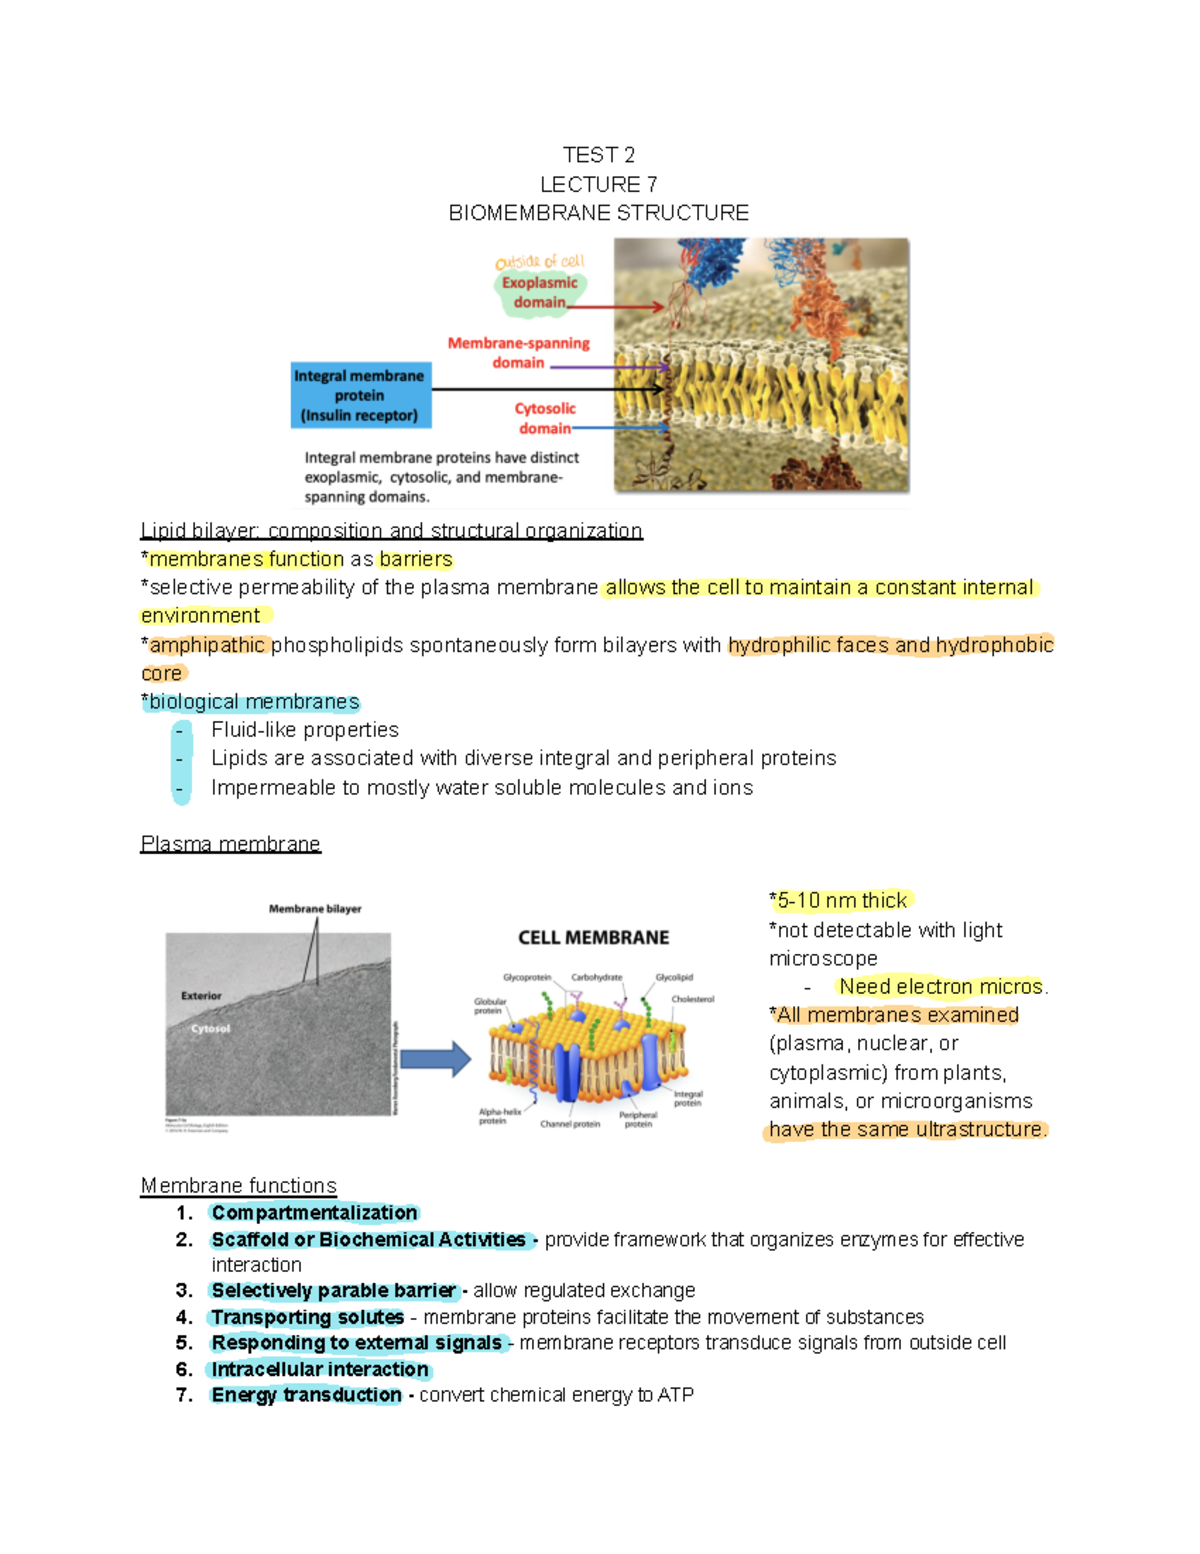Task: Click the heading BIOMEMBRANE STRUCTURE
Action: click(x=598, y=213)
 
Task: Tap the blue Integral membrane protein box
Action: click(x=360, y=395)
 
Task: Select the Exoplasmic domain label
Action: click(x=539, y=292)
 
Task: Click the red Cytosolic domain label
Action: click(x=545, y=418)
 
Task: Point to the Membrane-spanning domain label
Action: click(x=518, y=352)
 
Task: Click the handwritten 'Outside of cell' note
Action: click(x=540, y=262)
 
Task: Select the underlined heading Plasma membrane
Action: click(x=230, y=844)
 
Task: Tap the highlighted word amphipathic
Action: click(x=207, y=645)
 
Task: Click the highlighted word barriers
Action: click(x=416, y=559)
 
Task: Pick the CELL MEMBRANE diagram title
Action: click(x=593, y=937)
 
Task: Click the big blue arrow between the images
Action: click(x=435, y=1059)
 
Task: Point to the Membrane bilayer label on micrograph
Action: click(x=315, y=909)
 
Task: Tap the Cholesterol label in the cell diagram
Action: click(x=692, y=999)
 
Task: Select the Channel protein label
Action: click(x=570, y=1124)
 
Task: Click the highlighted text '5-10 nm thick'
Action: click(x=842, y=900)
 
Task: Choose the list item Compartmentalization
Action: click(x=314, y=1213)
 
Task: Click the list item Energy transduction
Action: click(x=306, y=1395)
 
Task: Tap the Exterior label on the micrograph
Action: click(x=201, y=996)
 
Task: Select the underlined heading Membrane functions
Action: click(x=238, y=1186)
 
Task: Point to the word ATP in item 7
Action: click(x=675, y=1395)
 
